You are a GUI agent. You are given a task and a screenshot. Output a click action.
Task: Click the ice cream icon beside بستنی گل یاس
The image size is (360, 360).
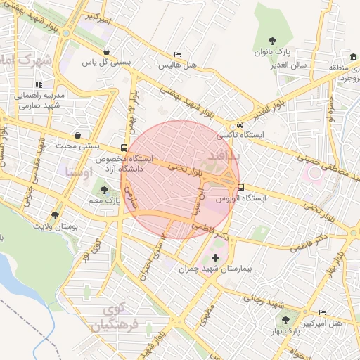coord(105,52)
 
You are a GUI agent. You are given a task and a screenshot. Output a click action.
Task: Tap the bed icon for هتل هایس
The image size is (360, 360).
coord(177,55)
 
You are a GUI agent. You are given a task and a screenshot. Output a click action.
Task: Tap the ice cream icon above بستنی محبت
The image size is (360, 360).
coord(77,136)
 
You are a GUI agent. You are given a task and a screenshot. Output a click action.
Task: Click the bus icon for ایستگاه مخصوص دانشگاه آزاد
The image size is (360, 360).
coord(124,148)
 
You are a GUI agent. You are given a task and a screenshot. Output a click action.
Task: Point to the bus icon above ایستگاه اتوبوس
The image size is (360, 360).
coord(241,188)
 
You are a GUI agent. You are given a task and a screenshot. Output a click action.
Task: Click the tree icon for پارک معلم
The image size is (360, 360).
coord(105,190)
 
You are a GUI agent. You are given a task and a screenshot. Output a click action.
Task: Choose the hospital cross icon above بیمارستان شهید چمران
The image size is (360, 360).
coord(215,258)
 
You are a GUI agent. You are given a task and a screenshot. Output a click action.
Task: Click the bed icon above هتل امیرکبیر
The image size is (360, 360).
coord(323,311)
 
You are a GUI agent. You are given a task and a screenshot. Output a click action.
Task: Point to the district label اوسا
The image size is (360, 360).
coord(78,171)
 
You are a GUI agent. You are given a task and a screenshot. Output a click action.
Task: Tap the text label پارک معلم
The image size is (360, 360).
coord(102,201)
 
